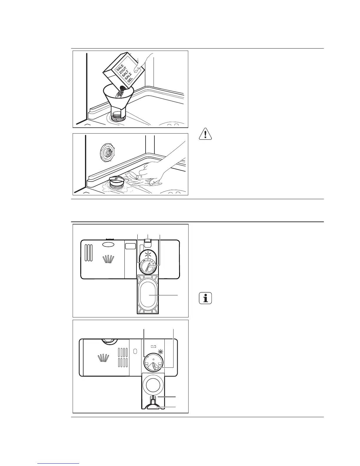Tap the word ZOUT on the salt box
point(122,72)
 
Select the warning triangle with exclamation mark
point(206,134)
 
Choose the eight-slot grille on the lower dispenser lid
point(123,357)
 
